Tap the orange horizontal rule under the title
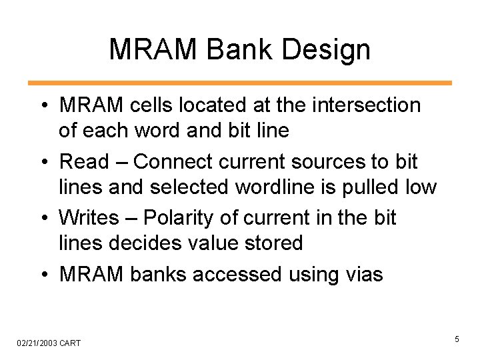click(239, 83)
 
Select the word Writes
click(91, 218)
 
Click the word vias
click(361, 274)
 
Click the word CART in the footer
click(70, 343)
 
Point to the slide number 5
click(457, 340)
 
